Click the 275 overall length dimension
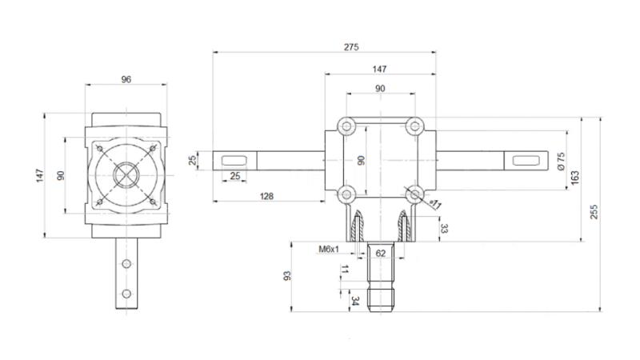pos(350,47)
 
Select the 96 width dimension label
pos(126,78)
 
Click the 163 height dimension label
pos(576,178)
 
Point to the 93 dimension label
pos(287,275)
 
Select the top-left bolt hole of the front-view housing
pos(346,126)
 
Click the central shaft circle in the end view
pos(126,174)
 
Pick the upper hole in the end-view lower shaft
pos(126,262)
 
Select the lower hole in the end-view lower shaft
pos(126,293)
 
